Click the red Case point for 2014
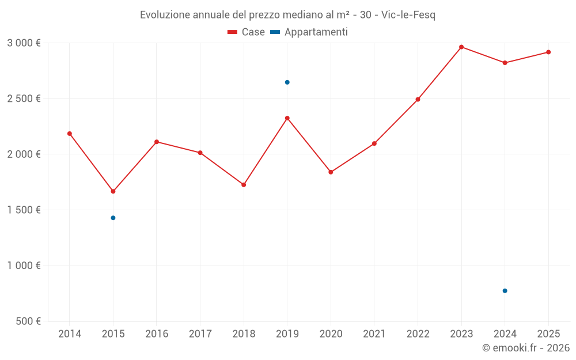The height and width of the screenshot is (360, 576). (x=70, y=134)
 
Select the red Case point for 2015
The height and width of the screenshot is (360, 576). (x=113, y=191)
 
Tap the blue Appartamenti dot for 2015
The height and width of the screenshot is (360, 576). (x=113, y=218)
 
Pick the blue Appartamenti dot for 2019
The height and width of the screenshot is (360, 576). (x=287, y=82)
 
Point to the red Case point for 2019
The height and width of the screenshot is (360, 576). (x=287, y=118)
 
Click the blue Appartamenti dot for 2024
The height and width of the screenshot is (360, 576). (x=505, y=291)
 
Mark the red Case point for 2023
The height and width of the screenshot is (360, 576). (x=461, y=47)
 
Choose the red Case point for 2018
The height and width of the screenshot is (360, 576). (x=244, y=185)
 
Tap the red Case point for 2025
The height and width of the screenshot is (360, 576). (x=548, y=52)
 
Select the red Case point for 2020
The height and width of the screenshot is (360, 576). (x=331, y=172)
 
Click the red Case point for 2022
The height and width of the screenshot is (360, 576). (x=418, y=100)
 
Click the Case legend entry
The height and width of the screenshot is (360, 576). (x=247, y=32)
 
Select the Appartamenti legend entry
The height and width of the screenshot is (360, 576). (x=309, y=32)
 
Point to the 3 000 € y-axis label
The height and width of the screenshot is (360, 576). (x=24, y=43)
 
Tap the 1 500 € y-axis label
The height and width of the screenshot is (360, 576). (x=24, y=210)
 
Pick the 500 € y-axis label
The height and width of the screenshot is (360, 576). (x=28, y=321)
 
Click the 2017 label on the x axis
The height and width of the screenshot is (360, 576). (x=200, y=334)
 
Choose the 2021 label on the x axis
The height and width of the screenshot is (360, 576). (x=374, y=334)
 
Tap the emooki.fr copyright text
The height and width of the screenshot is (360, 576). (x=526, y=348)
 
